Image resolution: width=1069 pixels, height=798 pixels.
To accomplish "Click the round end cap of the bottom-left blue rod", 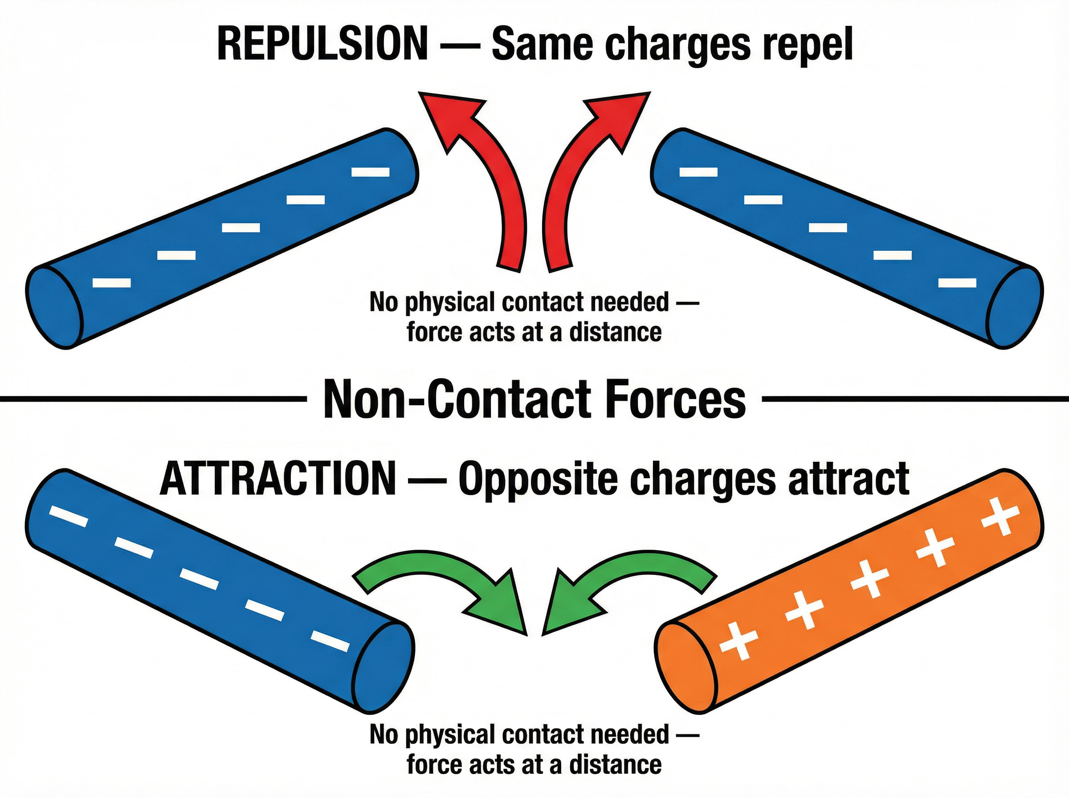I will [x=383, y=668].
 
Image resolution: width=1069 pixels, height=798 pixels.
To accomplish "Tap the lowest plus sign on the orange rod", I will [x=739, y=646].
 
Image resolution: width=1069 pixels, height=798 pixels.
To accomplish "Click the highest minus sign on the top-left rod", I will [x=371, y=171].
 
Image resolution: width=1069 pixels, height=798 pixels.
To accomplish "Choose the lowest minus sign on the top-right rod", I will [x=957, y=283].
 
